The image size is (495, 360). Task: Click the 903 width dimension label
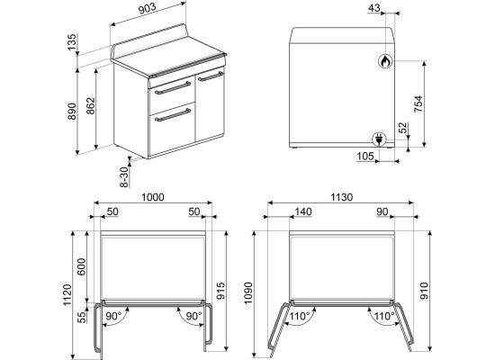click(148, 9)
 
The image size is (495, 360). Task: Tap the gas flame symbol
click(385, 61)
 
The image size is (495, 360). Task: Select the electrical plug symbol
click(379, 139)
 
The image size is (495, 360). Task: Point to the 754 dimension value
click(418, 103)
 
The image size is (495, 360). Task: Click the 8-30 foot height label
click(125, 176)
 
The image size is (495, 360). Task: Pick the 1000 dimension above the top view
click(152, 197)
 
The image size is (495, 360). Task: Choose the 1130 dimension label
click(342, 197)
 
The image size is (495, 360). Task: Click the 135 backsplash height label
click(72, 41)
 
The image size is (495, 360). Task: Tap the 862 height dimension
click(90, 106)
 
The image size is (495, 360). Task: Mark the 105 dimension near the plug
click(365, 156)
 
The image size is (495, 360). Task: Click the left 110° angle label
click(301, 316)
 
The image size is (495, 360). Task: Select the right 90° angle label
click(193, 316)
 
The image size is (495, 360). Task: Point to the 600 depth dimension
click(81, 266)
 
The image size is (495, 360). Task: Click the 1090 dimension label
click(248, 293)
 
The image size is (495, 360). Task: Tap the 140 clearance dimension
click(303, 211)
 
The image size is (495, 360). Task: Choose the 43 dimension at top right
click(374, 8)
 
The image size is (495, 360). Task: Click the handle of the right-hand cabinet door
click(211, 76)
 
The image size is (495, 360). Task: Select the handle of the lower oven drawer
click(173, 114)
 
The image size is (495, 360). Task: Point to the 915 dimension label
click(220, 292)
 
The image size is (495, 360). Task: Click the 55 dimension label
click(81, 317)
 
